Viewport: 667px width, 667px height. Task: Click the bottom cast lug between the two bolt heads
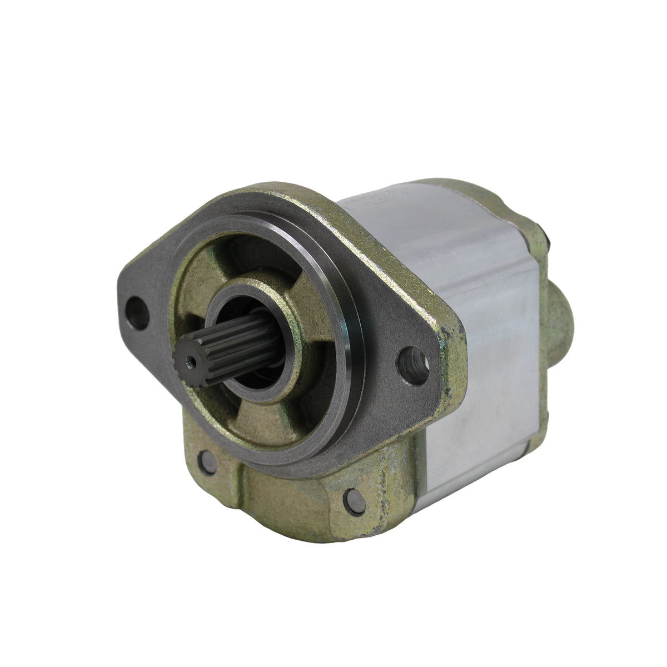(278, 489)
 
